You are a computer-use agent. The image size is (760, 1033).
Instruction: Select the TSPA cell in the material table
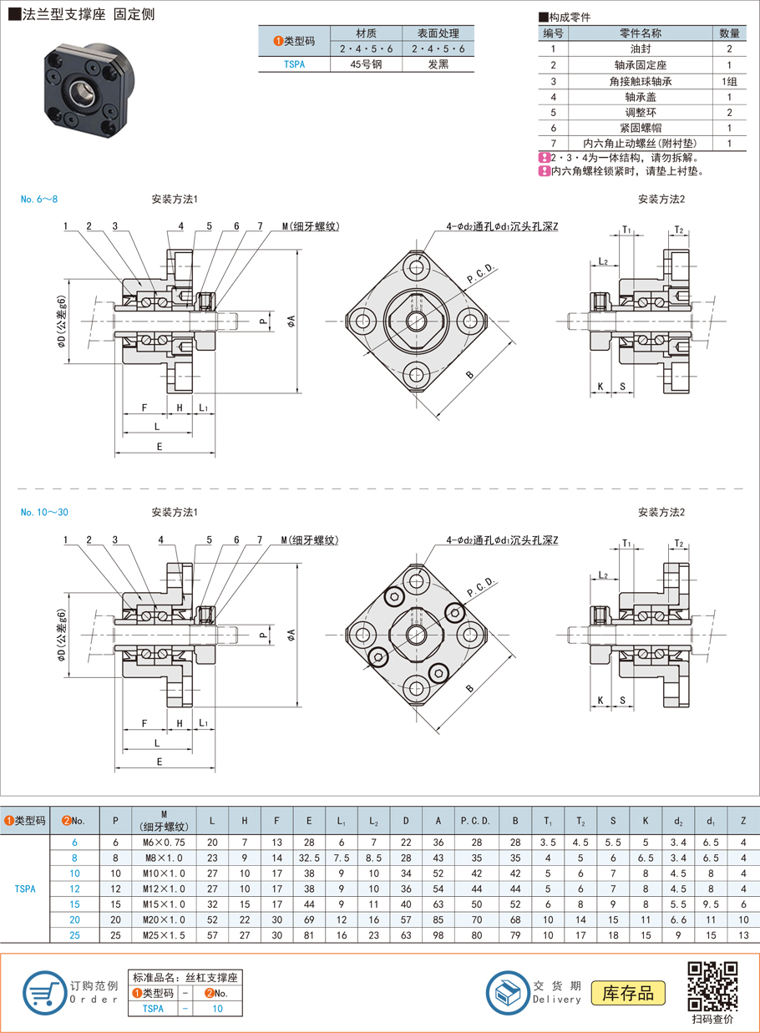294,63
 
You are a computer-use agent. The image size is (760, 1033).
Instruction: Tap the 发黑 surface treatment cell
438,63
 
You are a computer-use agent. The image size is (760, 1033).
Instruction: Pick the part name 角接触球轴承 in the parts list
641,81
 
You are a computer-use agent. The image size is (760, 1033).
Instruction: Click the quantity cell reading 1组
729,81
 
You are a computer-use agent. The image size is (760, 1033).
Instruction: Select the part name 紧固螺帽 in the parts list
641,128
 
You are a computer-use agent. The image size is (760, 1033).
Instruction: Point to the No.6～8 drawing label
39,200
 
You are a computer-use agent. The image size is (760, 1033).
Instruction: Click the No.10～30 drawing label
44,512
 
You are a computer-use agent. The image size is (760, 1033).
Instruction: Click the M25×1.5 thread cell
164,935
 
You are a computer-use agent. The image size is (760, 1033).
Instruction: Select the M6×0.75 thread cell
164,843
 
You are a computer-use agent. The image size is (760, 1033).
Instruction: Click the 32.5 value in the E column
309,858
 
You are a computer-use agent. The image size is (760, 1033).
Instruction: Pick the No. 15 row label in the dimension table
74,904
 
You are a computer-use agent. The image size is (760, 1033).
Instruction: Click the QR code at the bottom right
712,986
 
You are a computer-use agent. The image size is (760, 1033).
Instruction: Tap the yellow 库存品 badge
628,993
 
